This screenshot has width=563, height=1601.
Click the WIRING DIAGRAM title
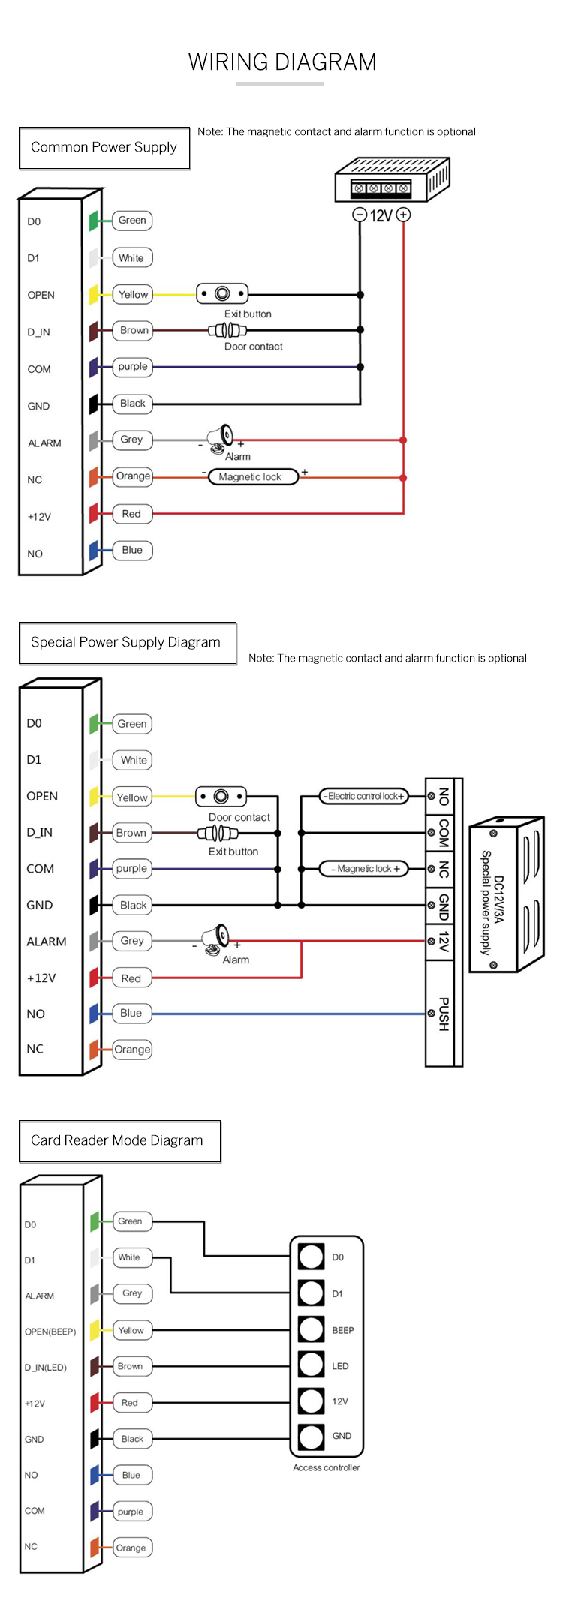(281, 62)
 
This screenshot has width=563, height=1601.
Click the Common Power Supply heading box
(104, 148)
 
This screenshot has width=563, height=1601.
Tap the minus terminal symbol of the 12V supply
(360, 215)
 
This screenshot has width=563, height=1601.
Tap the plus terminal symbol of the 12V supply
(403, 215)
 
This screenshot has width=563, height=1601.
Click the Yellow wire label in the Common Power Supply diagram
(133, 295)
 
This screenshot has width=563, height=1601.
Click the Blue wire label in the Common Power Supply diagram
(132, 550)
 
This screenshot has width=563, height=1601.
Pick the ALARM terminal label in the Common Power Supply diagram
(44, 443)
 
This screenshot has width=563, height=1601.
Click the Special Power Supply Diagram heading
(126, 643)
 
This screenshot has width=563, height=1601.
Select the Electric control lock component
(365, 796)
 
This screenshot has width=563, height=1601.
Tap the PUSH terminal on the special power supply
(443, 1013)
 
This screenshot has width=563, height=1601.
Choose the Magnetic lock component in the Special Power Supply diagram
(365, 869)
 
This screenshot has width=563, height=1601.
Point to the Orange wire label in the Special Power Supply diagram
(132, 1049)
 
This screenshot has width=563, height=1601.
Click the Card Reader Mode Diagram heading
(117, 1140)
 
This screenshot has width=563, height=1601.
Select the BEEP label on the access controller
(343, 1330)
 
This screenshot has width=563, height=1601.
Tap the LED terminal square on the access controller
(311, 1365)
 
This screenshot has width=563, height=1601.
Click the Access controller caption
(327, 1467)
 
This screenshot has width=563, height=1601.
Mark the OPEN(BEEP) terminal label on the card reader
(50, 1332)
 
